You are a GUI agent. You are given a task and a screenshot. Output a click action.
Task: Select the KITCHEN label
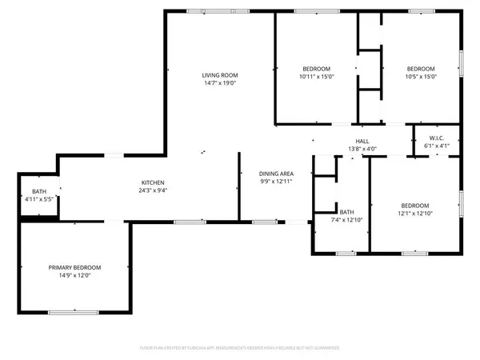153,182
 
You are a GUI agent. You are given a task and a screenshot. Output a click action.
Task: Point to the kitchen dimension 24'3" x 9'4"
153,190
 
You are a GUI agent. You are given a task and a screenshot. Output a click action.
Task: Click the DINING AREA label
274,174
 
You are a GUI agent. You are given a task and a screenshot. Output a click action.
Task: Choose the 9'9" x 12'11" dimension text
274,182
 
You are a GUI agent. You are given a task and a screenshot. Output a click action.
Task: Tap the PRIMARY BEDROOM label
74,267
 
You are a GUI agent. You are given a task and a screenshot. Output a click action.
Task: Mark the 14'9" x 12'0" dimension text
74,275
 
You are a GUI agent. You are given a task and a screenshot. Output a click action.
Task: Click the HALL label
362,140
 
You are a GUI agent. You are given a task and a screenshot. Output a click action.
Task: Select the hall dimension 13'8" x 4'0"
362,148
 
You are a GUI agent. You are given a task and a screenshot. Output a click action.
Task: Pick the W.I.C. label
436,138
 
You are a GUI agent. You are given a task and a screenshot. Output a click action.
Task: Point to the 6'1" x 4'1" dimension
436,146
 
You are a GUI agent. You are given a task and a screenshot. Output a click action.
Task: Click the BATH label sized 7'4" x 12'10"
346,212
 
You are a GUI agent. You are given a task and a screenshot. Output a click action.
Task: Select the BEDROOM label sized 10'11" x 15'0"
316,68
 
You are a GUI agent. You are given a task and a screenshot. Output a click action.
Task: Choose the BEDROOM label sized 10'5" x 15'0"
420,68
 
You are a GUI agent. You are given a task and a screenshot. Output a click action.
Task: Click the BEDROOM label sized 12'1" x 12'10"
415,205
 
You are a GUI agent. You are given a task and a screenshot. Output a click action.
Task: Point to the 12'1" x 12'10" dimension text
415,213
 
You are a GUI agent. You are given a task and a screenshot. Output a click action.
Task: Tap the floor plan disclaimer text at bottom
240,348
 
